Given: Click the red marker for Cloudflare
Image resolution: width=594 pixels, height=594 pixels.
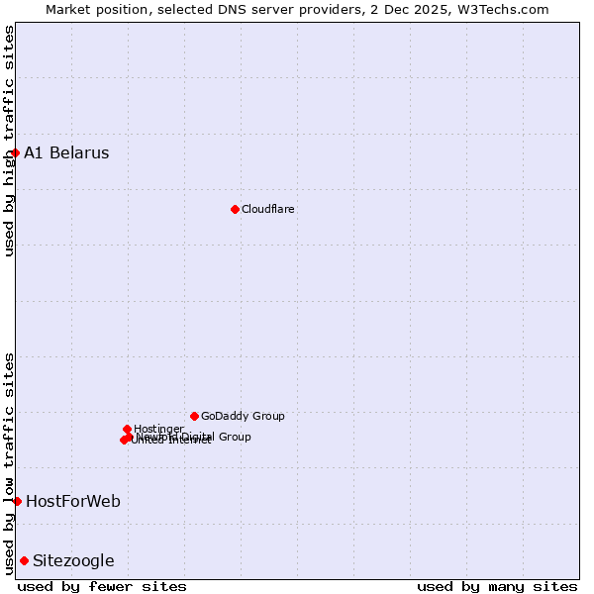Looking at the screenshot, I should [x=235, y=209].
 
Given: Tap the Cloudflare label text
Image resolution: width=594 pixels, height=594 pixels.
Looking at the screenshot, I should [x=268, y=209].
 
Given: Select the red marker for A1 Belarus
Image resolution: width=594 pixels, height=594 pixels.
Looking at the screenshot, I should [x=15, y=152].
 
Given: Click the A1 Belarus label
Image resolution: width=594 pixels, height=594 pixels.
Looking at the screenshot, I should [x=66, y=152].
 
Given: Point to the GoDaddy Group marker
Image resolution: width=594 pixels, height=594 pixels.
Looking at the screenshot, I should [x=194, y=416].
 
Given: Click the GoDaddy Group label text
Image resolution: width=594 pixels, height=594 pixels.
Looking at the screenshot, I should [x=243, y=416].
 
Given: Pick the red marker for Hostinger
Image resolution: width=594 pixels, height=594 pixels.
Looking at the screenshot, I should [x=127, y=429].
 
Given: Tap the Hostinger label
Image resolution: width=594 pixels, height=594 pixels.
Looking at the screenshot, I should [x=158, y=429].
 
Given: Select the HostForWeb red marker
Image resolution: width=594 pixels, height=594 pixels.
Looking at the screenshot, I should [x=17, y=501].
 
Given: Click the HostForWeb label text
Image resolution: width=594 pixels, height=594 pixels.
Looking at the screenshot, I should [x=73, y=501].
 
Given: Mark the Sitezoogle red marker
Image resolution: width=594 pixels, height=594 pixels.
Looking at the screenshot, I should [x=24, y=560].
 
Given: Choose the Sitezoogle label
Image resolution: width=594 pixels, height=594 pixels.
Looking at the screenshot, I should [x=73, y=560].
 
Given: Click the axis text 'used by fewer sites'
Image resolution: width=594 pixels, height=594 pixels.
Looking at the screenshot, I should [x=102, y=586].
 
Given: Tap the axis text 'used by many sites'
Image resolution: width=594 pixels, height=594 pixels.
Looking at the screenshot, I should [x=497, y=586].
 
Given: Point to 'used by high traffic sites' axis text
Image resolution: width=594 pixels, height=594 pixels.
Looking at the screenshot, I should [x=9, y=141].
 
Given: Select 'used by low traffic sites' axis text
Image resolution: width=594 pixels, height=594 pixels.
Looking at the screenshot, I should [x=9, y=462].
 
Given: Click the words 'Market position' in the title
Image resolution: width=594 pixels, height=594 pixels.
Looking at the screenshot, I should [x=96, y=9].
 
